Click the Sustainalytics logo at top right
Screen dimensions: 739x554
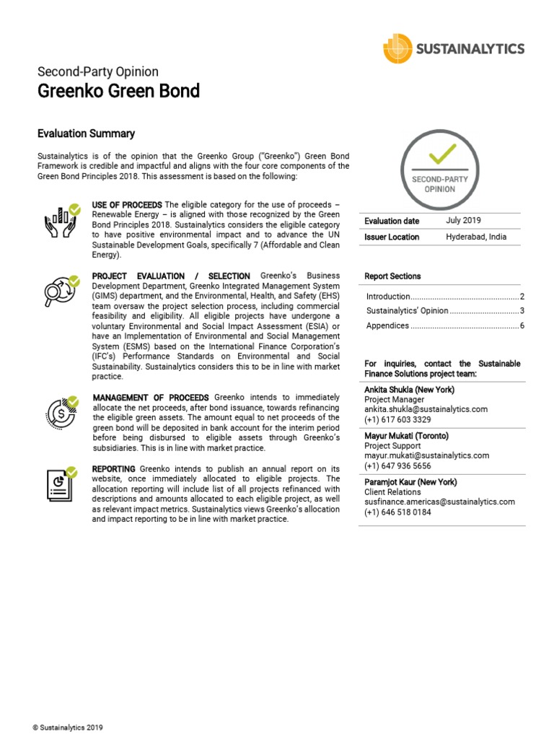tap(453, 49)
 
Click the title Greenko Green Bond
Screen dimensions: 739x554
tap(118, 92)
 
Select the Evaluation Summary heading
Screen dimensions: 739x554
tap(86, 134)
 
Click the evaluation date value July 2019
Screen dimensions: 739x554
tap(463, 221)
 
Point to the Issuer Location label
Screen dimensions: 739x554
tap(392, 237)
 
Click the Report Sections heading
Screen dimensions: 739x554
tap(393, 276)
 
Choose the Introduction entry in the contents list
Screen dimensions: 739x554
tap(388, 297)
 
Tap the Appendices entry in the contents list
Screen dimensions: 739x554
tap(388, 325)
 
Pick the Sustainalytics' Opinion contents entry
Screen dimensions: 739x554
tap(407, 311)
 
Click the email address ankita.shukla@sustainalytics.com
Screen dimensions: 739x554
tap(426, 408)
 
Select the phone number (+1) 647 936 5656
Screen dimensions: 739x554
tap(397, 466)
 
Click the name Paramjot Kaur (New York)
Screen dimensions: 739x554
tap(410, 482)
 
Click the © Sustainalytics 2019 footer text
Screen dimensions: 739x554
tap(68, 727)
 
